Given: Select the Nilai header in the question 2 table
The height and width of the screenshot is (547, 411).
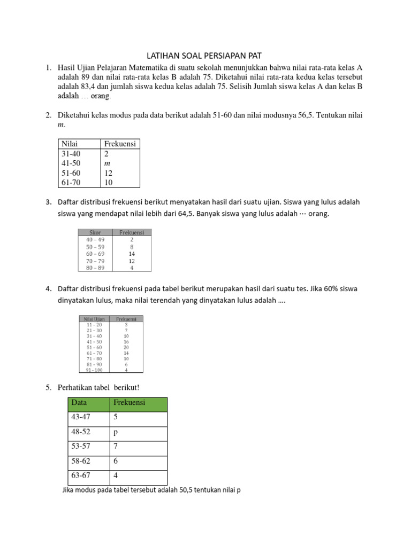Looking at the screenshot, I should pyautogui.click(x=71, y=144).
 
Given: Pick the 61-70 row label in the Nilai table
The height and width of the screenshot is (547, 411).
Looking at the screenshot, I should pyautogui.click(x=71, y=183).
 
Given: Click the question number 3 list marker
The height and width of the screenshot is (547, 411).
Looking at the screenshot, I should pyautogui.click(x=48, y=202).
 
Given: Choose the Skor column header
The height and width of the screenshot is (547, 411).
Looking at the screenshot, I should pyautogui.click(x=96, y=232).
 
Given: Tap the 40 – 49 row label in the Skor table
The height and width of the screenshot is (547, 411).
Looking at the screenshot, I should pyautogui.click(x=95, y=240).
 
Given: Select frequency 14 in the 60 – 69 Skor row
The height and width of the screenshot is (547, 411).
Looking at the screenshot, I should pyautogui.click(x=132, y=254).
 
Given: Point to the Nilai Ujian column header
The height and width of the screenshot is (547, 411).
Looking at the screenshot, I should pyautogui.click(x=94, y=319).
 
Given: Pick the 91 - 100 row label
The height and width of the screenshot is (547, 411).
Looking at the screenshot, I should pyautogui.click(x=94, y=369).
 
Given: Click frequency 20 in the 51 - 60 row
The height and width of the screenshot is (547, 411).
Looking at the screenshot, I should pyautogui.click(x=126, y=347).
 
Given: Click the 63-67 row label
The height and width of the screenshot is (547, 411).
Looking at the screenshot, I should pyautogui.click(x=80, y=475).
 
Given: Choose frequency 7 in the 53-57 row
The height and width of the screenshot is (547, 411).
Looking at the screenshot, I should pyautogui.click(x=116, y=446).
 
